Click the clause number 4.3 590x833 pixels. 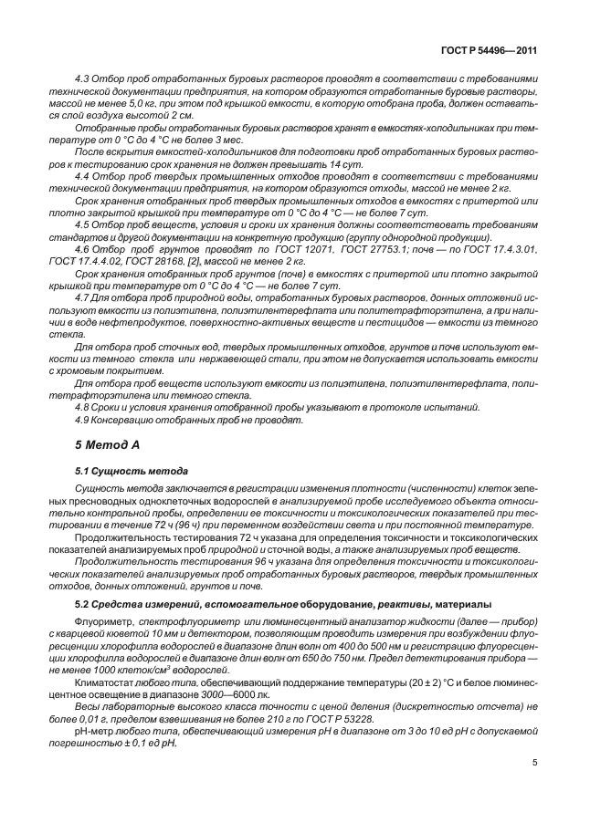point(82,79)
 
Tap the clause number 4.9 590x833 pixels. point(82,419)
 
